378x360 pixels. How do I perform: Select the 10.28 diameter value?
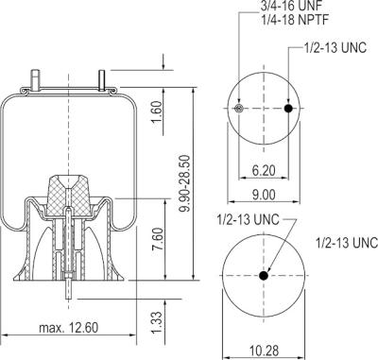pos(264,351)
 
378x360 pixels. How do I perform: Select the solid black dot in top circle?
pos(289,110)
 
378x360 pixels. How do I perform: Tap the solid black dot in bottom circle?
pos(264,275)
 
